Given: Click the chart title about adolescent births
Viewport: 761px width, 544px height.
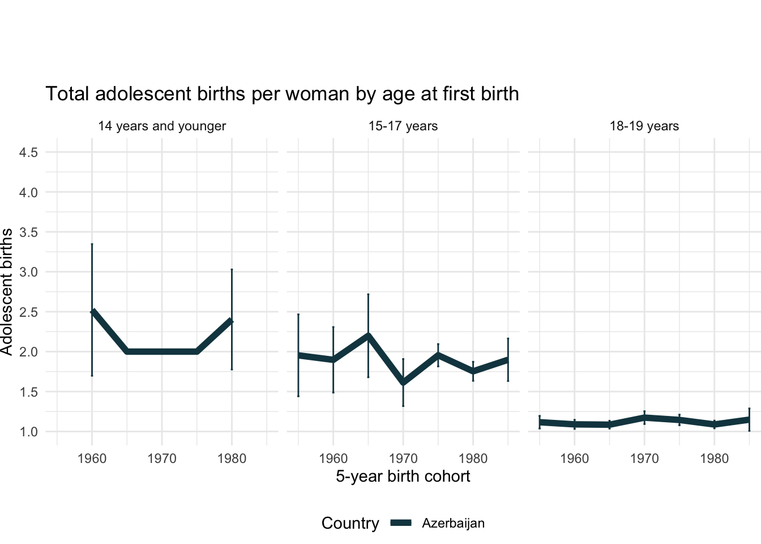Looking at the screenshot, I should point(282,93).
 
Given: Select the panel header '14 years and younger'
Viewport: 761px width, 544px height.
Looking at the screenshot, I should point(162,126).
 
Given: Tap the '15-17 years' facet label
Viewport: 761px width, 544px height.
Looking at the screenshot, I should point(403,126).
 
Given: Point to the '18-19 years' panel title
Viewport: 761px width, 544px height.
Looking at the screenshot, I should point(644,126).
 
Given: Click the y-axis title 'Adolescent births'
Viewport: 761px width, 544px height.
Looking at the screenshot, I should point(7,292).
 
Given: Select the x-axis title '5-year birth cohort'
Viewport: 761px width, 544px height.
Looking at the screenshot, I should point(403,476).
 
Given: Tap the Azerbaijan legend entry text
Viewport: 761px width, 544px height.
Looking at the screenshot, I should point(453,523).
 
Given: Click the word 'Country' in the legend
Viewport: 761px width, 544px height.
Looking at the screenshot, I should point(350,523).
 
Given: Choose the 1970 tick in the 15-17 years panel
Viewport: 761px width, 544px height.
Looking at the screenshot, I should point(403,458).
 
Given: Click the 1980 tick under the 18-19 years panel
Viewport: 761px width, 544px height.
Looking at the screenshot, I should point(715,458).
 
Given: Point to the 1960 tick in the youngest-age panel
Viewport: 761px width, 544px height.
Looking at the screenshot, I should point(92,458).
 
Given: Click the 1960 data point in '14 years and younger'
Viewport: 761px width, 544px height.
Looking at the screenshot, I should point(92,312).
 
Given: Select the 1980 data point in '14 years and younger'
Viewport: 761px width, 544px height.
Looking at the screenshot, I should point(232,321).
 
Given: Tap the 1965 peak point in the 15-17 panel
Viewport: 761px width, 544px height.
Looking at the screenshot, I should point(368,335).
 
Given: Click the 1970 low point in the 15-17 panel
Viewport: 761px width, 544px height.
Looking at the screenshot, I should point(403,382).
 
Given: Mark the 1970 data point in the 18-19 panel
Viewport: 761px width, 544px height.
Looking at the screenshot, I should point(644,418).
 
